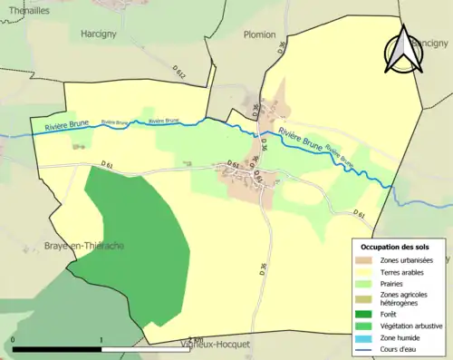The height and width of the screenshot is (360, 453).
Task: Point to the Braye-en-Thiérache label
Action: coord(84,246)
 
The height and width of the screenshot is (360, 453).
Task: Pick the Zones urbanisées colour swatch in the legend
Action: coord(364,261)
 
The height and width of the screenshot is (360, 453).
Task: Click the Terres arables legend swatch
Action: coord(364,272)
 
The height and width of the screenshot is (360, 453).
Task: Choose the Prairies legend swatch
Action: coord(364,283)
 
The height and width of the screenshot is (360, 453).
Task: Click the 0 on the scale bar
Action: coord(14,340)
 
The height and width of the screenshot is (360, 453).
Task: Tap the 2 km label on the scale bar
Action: coord(194,340)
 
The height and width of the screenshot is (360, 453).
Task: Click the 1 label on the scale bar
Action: coord(101,340)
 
